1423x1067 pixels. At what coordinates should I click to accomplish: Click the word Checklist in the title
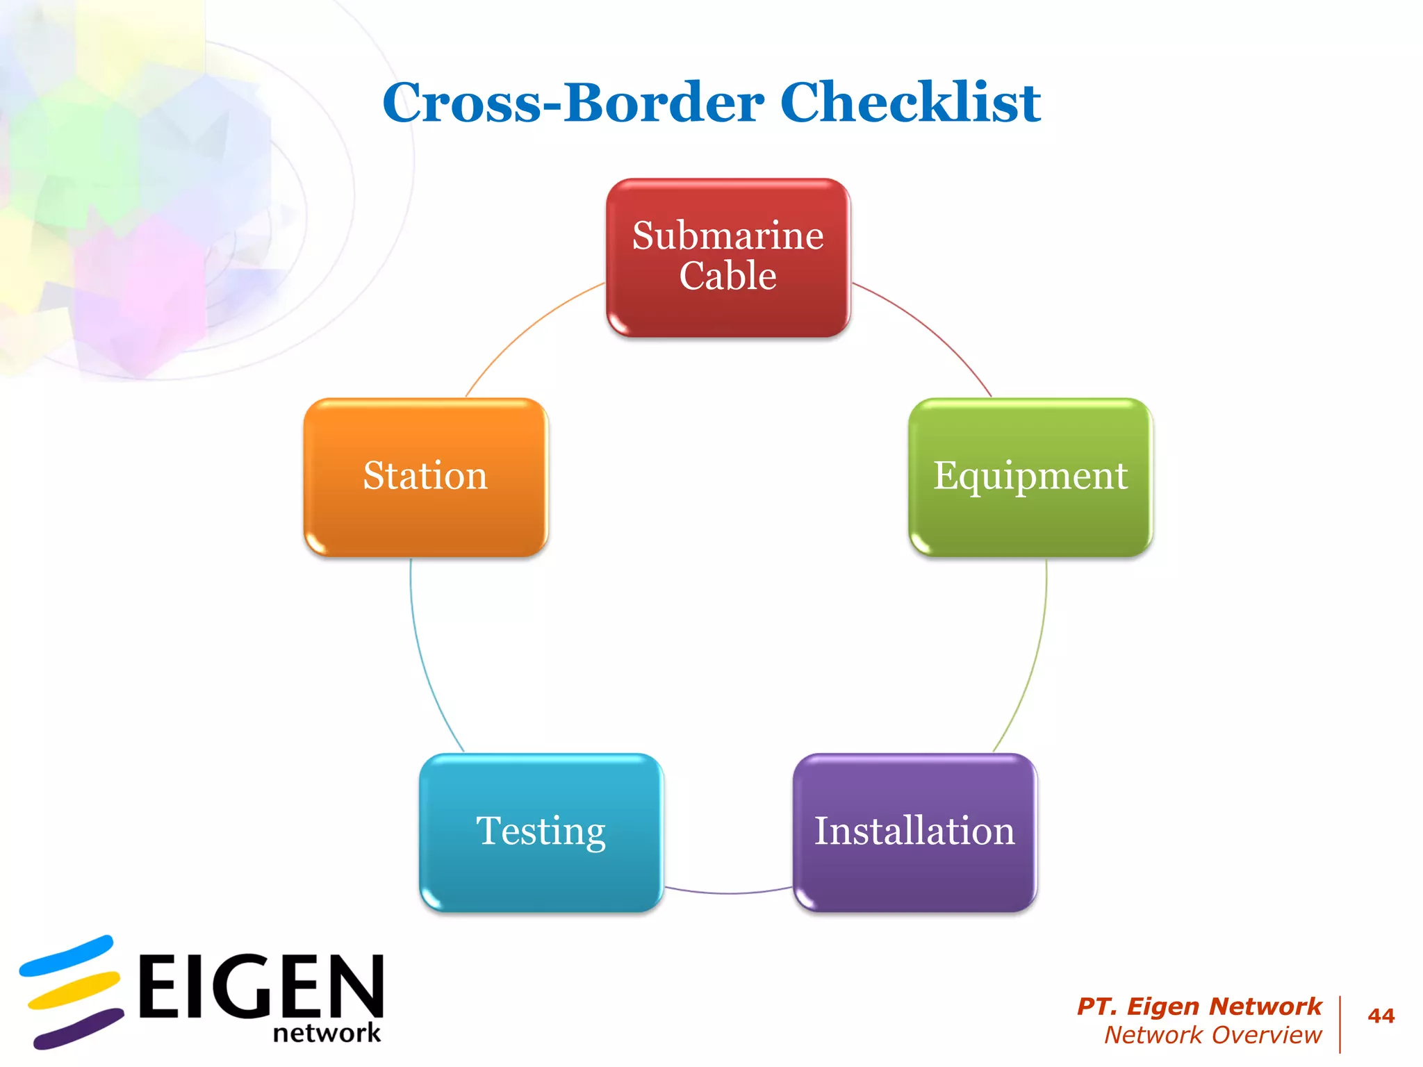pyautogui.click(x=910, y=102)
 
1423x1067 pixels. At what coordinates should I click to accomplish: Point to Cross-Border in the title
pyautogui.click(x=573, y=102)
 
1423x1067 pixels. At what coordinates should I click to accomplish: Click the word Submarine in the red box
pyautogui.click(x=727, y=235)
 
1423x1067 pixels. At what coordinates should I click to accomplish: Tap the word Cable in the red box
pyautogui.click(x=727, y=276)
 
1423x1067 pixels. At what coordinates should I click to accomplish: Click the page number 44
pyautogui.click(x=1381, y=1016)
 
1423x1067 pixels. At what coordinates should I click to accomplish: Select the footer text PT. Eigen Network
pyautogui.click(x=1199, y=1006)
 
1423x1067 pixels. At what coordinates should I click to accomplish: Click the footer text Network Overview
pyautogui.click(x=1212, y=1035)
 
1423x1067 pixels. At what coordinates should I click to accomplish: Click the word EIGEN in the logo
pyautogui.click(x=261, y=986)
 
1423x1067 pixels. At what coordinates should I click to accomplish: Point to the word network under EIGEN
pyautogui.click(x=327, y=1033)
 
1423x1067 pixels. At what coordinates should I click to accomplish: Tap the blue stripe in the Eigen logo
pyautogui.click(x=66, y=957)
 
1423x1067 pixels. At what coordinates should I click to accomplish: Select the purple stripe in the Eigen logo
pyautogui.click(x=78, y=1029)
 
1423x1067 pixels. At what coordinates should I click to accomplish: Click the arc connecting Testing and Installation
pyautogui.click(x=728, y=893)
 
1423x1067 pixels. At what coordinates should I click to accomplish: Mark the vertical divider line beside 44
pyautogui.click(x=1340, y=1025)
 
